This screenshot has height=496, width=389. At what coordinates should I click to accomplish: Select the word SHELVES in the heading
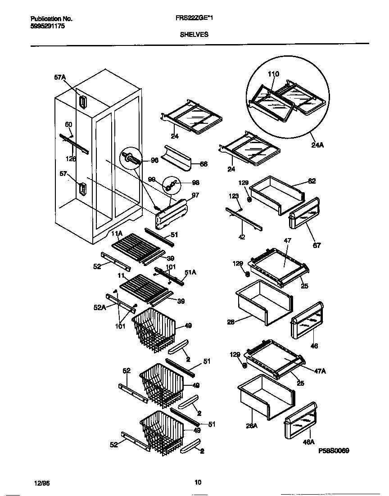pos(194,34)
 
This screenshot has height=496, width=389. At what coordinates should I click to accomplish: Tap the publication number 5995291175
pos(48,26)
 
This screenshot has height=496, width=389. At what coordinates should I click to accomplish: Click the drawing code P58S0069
pos(334,451)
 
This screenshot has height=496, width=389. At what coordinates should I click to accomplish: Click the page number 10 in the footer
pos(198,482)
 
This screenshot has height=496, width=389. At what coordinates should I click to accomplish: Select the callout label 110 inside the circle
pos(273,74)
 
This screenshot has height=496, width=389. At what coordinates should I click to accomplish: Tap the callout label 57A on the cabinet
pos(60,78)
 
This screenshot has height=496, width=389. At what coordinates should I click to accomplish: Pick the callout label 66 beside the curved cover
pos(204,164)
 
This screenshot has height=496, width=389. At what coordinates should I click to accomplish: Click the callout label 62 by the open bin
pos(312,181)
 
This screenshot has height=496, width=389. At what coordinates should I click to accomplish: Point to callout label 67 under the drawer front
pos(317,246)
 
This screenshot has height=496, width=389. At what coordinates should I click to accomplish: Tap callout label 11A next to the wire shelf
pos(117,234)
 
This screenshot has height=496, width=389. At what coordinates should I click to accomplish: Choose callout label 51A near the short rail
pos(190,272)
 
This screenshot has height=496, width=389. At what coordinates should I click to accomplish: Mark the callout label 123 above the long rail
pos(234,196)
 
